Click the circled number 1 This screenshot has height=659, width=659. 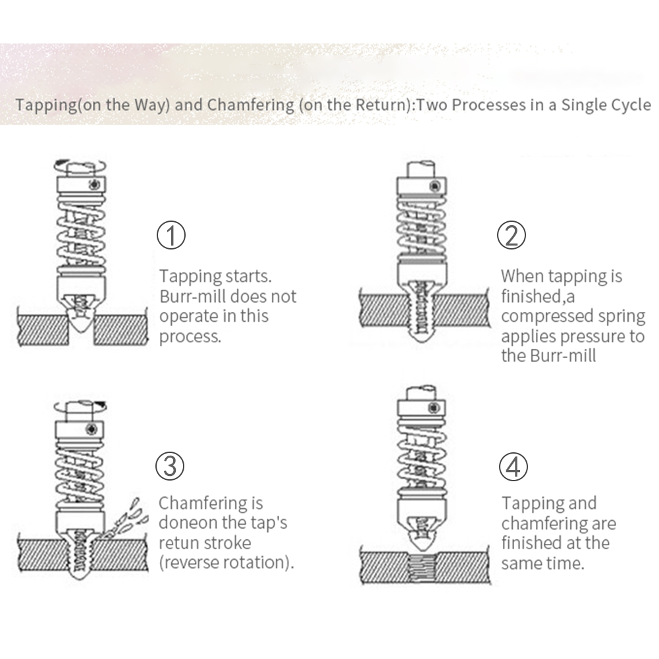[171, 236]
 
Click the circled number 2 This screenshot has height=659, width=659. [511, 235]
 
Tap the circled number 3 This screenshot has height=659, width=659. [170, 466]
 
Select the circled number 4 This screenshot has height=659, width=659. [513, 467]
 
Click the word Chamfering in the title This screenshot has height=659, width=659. [250, 105]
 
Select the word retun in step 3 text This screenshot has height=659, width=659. [179, 543]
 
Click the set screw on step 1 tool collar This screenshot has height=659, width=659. [95, 184]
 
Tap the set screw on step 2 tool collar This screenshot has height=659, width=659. [435, 186]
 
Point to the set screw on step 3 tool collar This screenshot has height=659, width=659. [92, 429]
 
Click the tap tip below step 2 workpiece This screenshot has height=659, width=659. [421, 334]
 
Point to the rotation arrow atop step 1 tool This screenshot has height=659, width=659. [80, 166]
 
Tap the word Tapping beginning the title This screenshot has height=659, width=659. [46, 105]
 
